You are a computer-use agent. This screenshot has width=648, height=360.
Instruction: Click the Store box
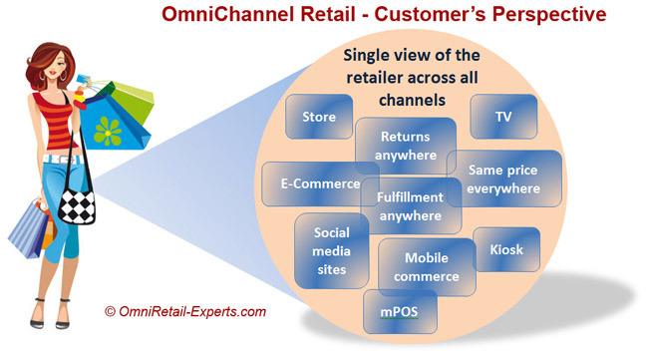click(x=318, y=117)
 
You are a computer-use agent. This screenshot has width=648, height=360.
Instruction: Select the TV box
click(x=503, y=116)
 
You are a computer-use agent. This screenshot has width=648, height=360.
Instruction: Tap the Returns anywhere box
click(x=406, y=146)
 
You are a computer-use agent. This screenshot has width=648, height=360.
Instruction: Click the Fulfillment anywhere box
click(x=410, y=205)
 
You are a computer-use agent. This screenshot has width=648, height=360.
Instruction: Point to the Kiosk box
click(x=506, y=249)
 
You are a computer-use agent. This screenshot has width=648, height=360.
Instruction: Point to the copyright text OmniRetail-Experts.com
click(x=185, y=312)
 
